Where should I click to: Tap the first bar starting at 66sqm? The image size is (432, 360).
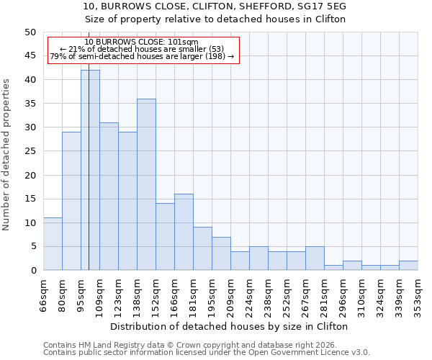(x=53, y=244)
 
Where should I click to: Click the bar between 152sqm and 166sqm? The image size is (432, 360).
(x=165, y=237)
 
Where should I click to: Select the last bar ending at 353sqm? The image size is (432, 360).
(x=408, y=266)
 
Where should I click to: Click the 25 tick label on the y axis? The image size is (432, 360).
(x=30, y=151)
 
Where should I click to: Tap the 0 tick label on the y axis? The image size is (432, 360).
(x=33, y=271)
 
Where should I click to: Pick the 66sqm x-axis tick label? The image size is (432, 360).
(x=44, y=293)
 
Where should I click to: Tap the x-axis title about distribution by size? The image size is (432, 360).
(x=230, y=327)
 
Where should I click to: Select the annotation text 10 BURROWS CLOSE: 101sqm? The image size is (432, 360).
(x=141, y=42)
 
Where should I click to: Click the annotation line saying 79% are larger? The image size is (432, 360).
(x=142, y=56)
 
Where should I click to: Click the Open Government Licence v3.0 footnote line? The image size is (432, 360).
(x=207, y=353)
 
